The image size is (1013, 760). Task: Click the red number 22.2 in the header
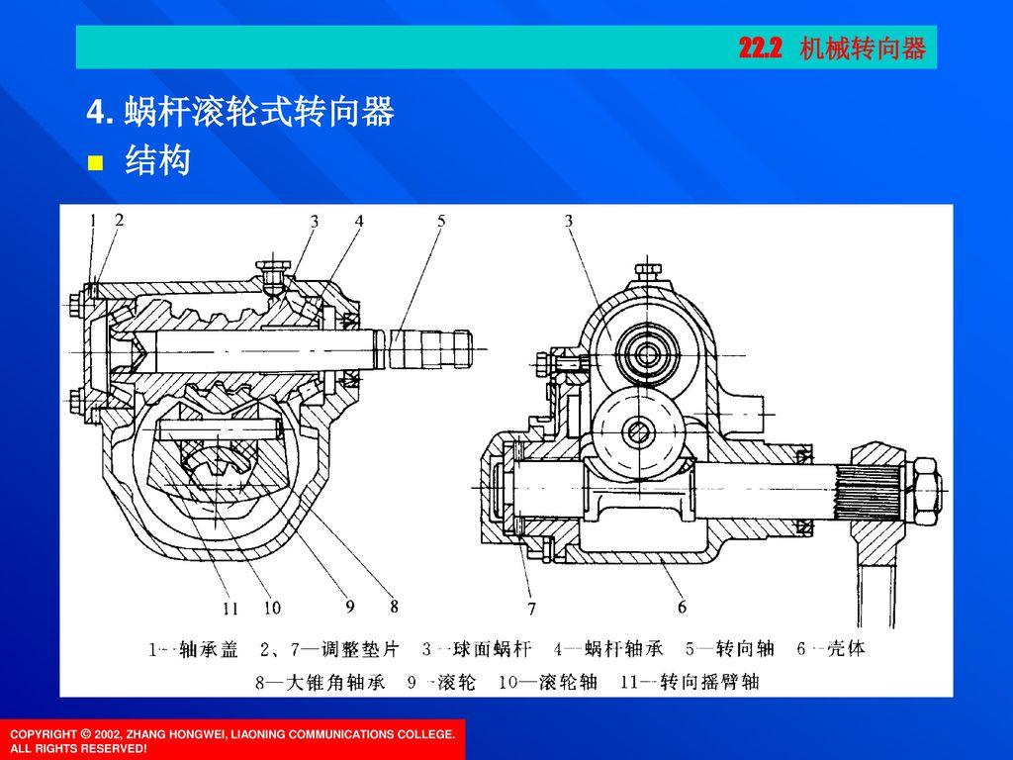click(760, 47)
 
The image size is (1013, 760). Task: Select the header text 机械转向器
click(863, 47)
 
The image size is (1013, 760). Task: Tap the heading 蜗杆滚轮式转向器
click(259, 114)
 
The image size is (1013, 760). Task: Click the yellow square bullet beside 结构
click(96, 162)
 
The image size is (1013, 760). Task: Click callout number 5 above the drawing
click(442, 223)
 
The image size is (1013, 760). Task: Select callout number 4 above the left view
click(360, 223)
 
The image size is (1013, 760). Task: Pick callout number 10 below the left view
click(271, 607)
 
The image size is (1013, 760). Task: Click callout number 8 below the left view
click(394, 604)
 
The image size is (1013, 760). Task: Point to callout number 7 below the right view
click(531, 607)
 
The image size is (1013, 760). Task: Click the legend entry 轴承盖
click(216, 651)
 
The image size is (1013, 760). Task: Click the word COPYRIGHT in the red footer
click(42, 733)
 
